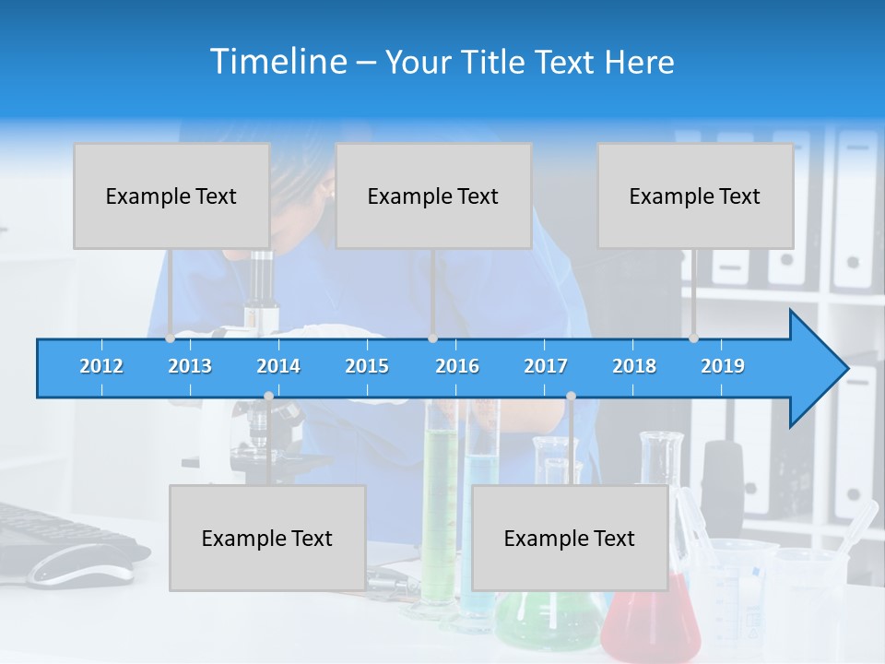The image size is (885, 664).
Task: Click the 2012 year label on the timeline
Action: point(101,366)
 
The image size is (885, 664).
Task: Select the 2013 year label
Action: point(190,366)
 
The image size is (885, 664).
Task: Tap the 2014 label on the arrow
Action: point(278,366)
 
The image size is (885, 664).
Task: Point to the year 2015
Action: point(367,366)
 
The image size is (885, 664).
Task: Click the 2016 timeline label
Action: point(457,366)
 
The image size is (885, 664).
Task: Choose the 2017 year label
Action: point(546,366)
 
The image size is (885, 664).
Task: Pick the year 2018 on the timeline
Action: point(634,366)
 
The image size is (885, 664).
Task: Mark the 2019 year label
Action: point(723,366)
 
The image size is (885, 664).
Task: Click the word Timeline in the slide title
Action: point(277,62)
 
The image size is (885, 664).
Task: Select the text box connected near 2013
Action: point(171,196)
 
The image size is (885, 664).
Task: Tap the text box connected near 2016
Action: point(433,196)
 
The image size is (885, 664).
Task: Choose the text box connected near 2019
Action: point(695,196)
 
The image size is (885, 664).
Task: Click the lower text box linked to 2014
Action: point(267,538)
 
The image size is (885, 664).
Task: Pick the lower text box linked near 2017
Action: point(570,538)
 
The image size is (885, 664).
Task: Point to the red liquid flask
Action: point(649,618)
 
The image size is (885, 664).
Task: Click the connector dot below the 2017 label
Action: point(571,397)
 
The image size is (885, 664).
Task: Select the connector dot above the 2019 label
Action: point(693,338)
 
